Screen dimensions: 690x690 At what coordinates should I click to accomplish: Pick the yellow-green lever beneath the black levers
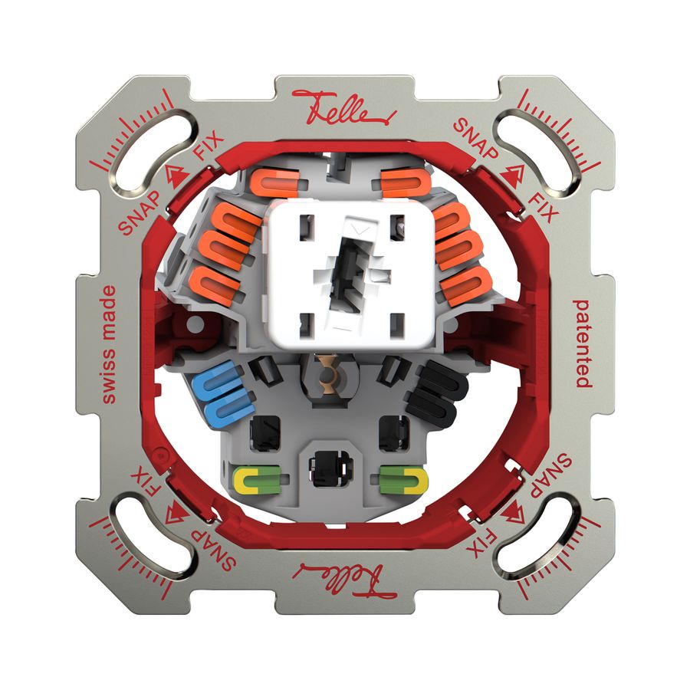click(402, 480)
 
